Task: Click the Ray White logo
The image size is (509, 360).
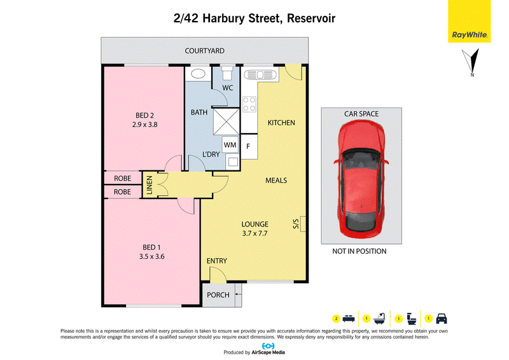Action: tap(470, 21)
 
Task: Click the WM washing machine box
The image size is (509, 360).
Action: tap(230, 145)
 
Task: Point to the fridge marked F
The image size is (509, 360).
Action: tap(249, 146)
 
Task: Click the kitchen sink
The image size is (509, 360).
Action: tap(260, 75)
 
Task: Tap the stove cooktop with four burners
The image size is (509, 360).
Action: tap(249, 104)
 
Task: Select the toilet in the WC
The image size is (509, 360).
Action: tap(227, 73)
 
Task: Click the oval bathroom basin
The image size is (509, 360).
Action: tap(198, 74)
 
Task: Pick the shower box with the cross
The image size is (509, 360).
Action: tap(227, 121)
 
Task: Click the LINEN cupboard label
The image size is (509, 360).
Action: tap(150, 185)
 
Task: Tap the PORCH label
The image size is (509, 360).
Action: tap(218, 295)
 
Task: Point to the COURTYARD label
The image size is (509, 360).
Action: tap(204, 51)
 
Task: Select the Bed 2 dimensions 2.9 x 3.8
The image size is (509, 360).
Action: tap(145, 125)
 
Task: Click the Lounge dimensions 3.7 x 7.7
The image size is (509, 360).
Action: tap(255, 233)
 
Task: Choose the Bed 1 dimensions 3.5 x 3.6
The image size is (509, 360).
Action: tap(151, 256)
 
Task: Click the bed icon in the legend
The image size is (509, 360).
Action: tap(348, 319)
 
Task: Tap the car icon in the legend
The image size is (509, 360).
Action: tap(442, 319)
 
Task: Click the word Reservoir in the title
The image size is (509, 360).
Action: tap(311, 18)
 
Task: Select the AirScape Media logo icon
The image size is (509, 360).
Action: tap(268, 346)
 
